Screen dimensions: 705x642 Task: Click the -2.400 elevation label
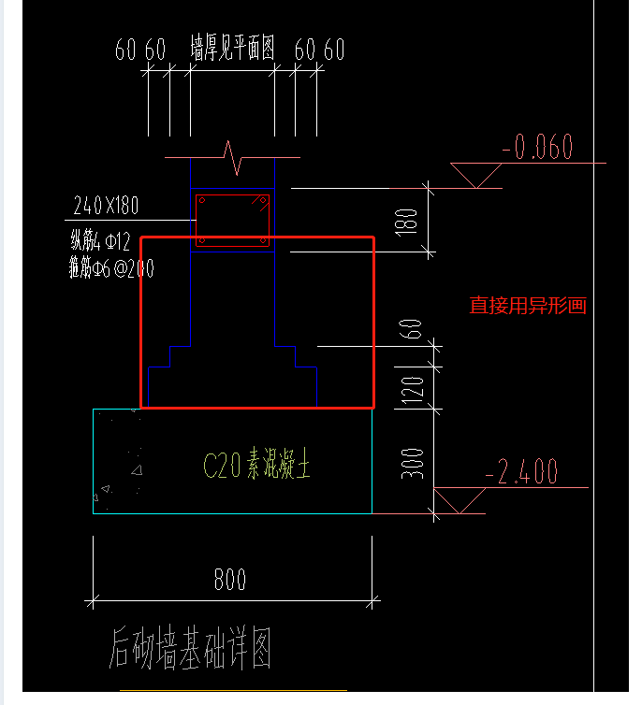tap(521, 471)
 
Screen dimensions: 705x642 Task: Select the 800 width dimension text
tap(229, 580)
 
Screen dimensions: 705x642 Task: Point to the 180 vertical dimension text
tap(408, 221)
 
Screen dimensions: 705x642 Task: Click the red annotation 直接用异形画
tap(527, 306)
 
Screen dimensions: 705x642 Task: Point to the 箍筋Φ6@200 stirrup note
tap(110, 268)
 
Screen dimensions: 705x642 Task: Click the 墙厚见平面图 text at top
tap(232, 49)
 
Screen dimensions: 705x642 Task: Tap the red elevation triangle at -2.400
tap(460, 501)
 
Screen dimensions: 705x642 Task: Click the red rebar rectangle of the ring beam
tap(232, 221)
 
